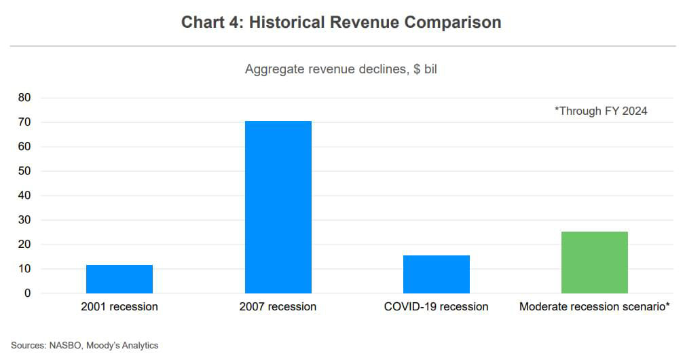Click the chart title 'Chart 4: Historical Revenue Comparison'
tap(341, 22)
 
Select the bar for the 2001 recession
tap(119, 279)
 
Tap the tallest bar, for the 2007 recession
tap(278, 207)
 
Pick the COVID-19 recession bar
tap(436, 274)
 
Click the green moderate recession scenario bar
tap(594, 262)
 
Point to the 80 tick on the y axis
tap(24, 98)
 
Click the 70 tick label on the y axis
tap(24, 122)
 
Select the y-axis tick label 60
tap(24, 147)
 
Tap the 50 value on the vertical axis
tap(24, 171)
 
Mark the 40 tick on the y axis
tap(24, 196)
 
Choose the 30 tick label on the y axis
tap(24, 220)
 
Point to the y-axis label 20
tap(24, 245)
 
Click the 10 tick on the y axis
tap(24, 269)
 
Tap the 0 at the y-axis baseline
tap(27, 293)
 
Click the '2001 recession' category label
tap(119, 307)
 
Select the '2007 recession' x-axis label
tap(278, 307)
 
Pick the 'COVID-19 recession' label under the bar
tap(436, 307)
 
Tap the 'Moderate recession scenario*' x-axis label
tap(595, 307)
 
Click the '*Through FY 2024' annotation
tap(601, 111)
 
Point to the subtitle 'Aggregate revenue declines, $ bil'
tap(341, 69)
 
